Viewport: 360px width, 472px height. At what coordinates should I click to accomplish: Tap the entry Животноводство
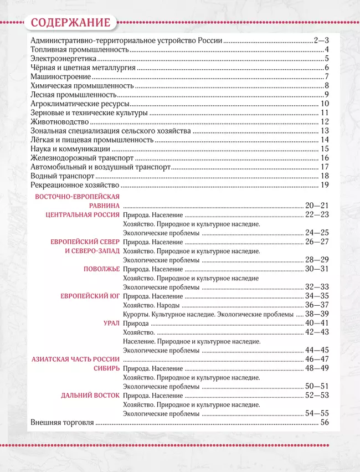tap(59, 122)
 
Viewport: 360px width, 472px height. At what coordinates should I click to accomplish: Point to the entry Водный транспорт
tap(59, 176)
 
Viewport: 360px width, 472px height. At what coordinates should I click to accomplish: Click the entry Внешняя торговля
tap(62, 422)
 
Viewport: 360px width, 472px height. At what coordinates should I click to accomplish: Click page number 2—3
tap(321, 41)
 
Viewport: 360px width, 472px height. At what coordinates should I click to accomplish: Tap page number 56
tap(325, 422)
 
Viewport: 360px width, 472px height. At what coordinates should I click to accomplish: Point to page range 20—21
tap(317, 206)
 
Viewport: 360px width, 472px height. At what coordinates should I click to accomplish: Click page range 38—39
tap(317, 314)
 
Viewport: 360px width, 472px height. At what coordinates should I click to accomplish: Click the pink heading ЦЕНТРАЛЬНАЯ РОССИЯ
tap(83, 214)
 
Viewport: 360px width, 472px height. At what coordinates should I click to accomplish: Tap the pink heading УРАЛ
tap(111, 323)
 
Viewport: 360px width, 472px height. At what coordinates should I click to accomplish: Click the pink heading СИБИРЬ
tap(106, 368)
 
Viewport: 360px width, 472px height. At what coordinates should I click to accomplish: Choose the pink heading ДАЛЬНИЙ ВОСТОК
tap(90, 396)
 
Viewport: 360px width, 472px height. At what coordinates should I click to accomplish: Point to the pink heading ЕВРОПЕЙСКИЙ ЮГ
tap(90, 296)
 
